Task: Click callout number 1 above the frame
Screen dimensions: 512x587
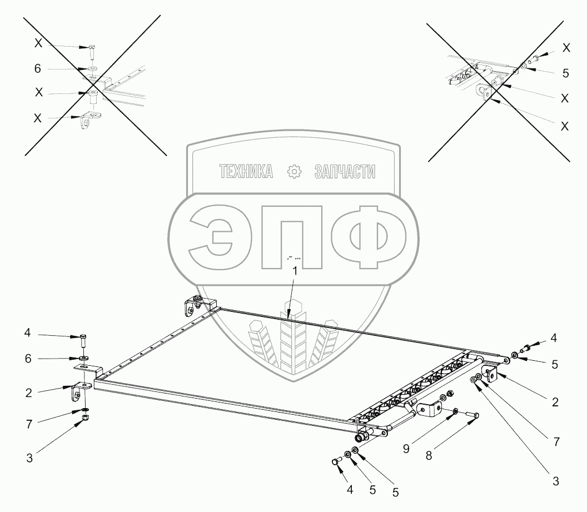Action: click(295, 271)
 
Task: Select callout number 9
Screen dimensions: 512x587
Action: click(406, 449)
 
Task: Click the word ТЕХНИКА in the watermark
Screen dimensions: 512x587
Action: click(246, 172)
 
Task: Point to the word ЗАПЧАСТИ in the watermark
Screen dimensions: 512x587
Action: click(345, 172)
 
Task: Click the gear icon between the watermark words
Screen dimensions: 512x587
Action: click(293, 172)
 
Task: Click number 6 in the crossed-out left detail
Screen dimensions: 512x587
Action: click(38, 68)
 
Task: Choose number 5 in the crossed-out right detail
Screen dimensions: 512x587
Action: click(565, 72)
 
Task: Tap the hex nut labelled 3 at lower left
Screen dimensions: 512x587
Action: click(85, 418)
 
